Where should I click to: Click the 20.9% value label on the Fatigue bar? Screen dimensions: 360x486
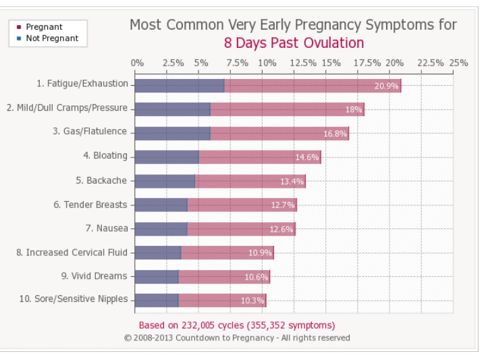pos(386,86)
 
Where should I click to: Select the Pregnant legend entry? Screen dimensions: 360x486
pos(44,27)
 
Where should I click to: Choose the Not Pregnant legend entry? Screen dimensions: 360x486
pos(51,38)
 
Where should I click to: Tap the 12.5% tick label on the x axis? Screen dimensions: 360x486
pos(302,63)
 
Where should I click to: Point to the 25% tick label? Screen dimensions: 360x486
pos(458,63)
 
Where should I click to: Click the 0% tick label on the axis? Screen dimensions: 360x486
pos(137,63)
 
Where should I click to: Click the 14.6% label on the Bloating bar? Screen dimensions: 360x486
pos(306,157)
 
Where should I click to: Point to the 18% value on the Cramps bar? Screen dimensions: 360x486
pos(354,109)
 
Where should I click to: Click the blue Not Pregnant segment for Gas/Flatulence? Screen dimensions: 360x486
pos(172,133)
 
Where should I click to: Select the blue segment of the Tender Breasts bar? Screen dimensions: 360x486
pos(161,205)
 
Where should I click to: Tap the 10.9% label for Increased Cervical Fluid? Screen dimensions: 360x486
pos(259,253)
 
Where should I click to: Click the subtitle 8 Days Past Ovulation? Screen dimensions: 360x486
pos(294,43)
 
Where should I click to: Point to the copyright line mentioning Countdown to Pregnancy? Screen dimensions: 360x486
pos(237,338)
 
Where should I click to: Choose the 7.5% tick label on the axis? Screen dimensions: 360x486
pos(237,63)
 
